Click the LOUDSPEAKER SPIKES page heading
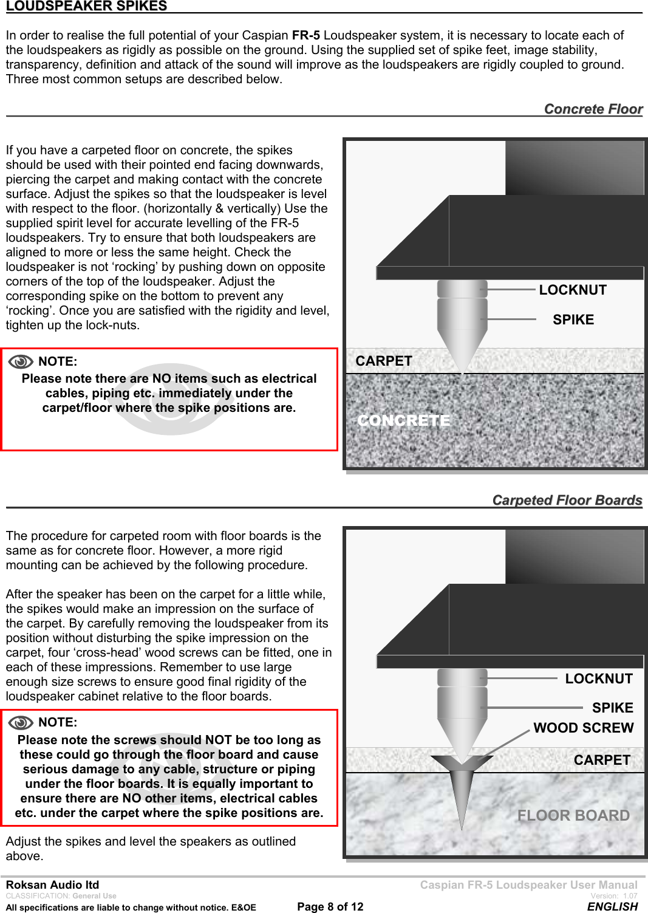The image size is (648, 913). [x=86, y=6]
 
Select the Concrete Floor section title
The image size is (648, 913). [x=593, y=109]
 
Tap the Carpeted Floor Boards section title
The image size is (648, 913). [x=567, y=500]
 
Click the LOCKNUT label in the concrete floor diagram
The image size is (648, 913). [x=573, y=290]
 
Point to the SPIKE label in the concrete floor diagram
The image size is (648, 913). [x=573, y=320]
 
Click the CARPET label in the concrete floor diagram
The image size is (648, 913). [x=383, y=361]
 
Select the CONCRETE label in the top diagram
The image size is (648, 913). [x=404, y=420]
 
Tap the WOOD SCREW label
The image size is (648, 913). [x=583, y=728]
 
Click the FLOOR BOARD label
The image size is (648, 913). [x=573, y=815]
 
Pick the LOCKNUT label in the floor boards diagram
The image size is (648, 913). [x=598, y=679]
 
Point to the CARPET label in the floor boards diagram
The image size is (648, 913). [x=601, y=760]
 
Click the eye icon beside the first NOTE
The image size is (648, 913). [x=21, y=362]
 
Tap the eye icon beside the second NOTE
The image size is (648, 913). [x=21, y=723]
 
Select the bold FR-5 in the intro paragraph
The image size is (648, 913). [x=305, y=35]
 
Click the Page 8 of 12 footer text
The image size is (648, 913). [x=330, y=906]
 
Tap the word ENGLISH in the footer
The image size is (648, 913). [x=612, y=906]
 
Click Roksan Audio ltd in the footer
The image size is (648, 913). [x=52, y=885]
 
